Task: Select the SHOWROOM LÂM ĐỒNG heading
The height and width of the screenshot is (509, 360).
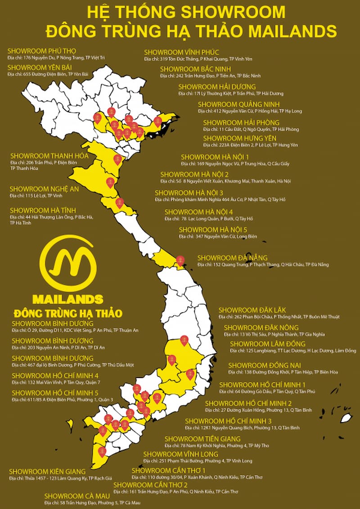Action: click(x=261, y=344)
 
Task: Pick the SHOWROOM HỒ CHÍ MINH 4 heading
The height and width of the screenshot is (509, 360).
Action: click(x=55, y=375)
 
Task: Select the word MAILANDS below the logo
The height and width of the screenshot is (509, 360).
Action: click(x=68, y=299)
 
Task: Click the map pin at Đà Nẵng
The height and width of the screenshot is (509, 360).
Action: click(x=180, y=260)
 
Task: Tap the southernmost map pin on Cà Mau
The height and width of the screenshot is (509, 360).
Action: click(x=102, y=450)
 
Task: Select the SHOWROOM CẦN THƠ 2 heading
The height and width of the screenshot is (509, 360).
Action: click(x=150, y=485)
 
